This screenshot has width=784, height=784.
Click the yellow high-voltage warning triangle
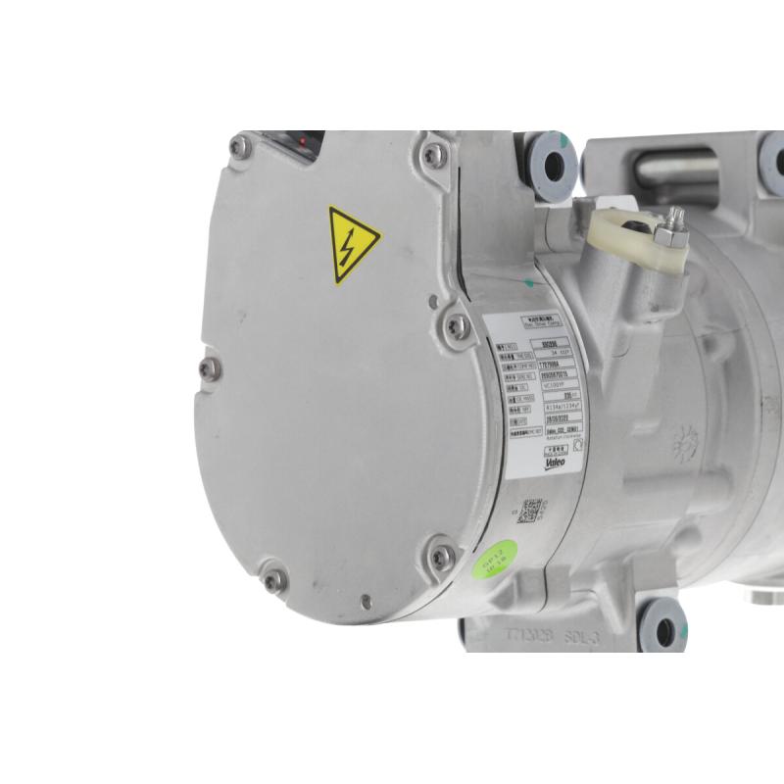click(353, 244)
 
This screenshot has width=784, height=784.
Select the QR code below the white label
click(530, 511)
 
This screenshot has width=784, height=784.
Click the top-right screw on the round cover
click(433, 155)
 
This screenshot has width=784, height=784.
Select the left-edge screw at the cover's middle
click(209, 367)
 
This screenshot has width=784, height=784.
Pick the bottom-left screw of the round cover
click(275, 579)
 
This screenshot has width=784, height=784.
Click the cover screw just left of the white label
click(457, 326)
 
